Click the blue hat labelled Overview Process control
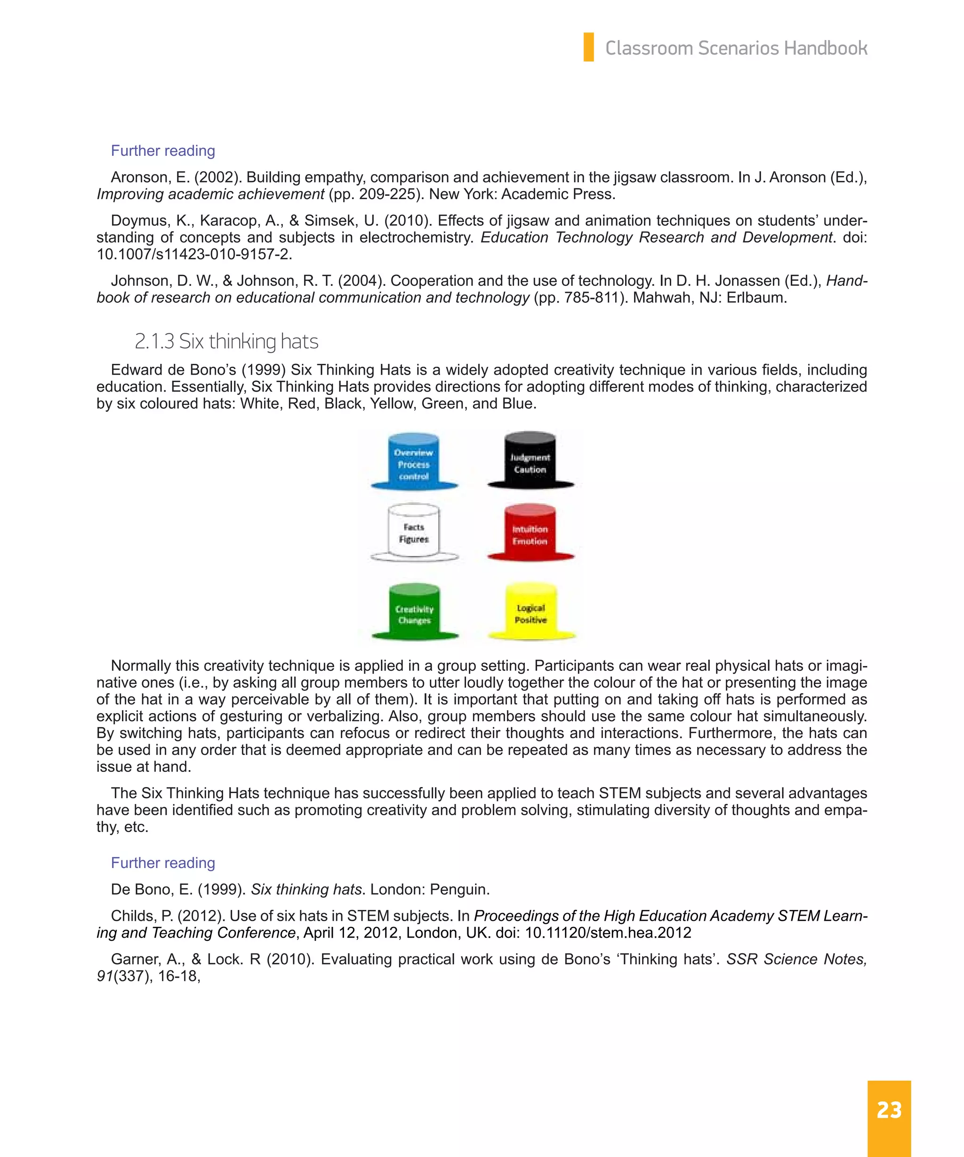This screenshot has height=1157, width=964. click(x=414, y=463)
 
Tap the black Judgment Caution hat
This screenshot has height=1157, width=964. click(x=530, y=462)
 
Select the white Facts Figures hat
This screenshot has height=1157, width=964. click(x=414, y=533)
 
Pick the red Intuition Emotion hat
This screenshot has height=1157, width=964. click(x=530, y=534)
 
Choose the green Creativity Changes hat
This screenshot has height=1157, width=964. click(x=414, y=613)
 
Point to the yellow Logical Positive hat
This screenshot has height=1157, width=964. click(x=531, y=613)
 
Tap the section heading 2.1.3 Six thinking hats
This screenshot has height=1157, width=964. click(x=226, y=342)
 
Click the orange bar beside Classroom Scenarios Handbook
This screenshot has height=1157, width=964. click(x=588, y=48)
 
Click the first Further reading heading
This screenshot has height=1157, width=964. click(x=162, y=151)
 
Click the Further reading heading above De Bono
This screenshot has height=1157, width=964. click(x=162, y=863)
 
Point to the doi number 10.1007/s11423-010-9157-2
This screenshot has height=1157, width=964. click(x=193, y=255)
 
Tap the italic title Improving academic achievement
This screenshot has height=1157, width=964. click(x=210, y=194)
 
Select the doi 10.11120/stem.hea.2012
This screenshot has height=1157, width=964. click(x=608, y=933)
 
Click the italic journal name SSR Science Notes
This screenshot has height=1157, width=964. click(x=796, y=959)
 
